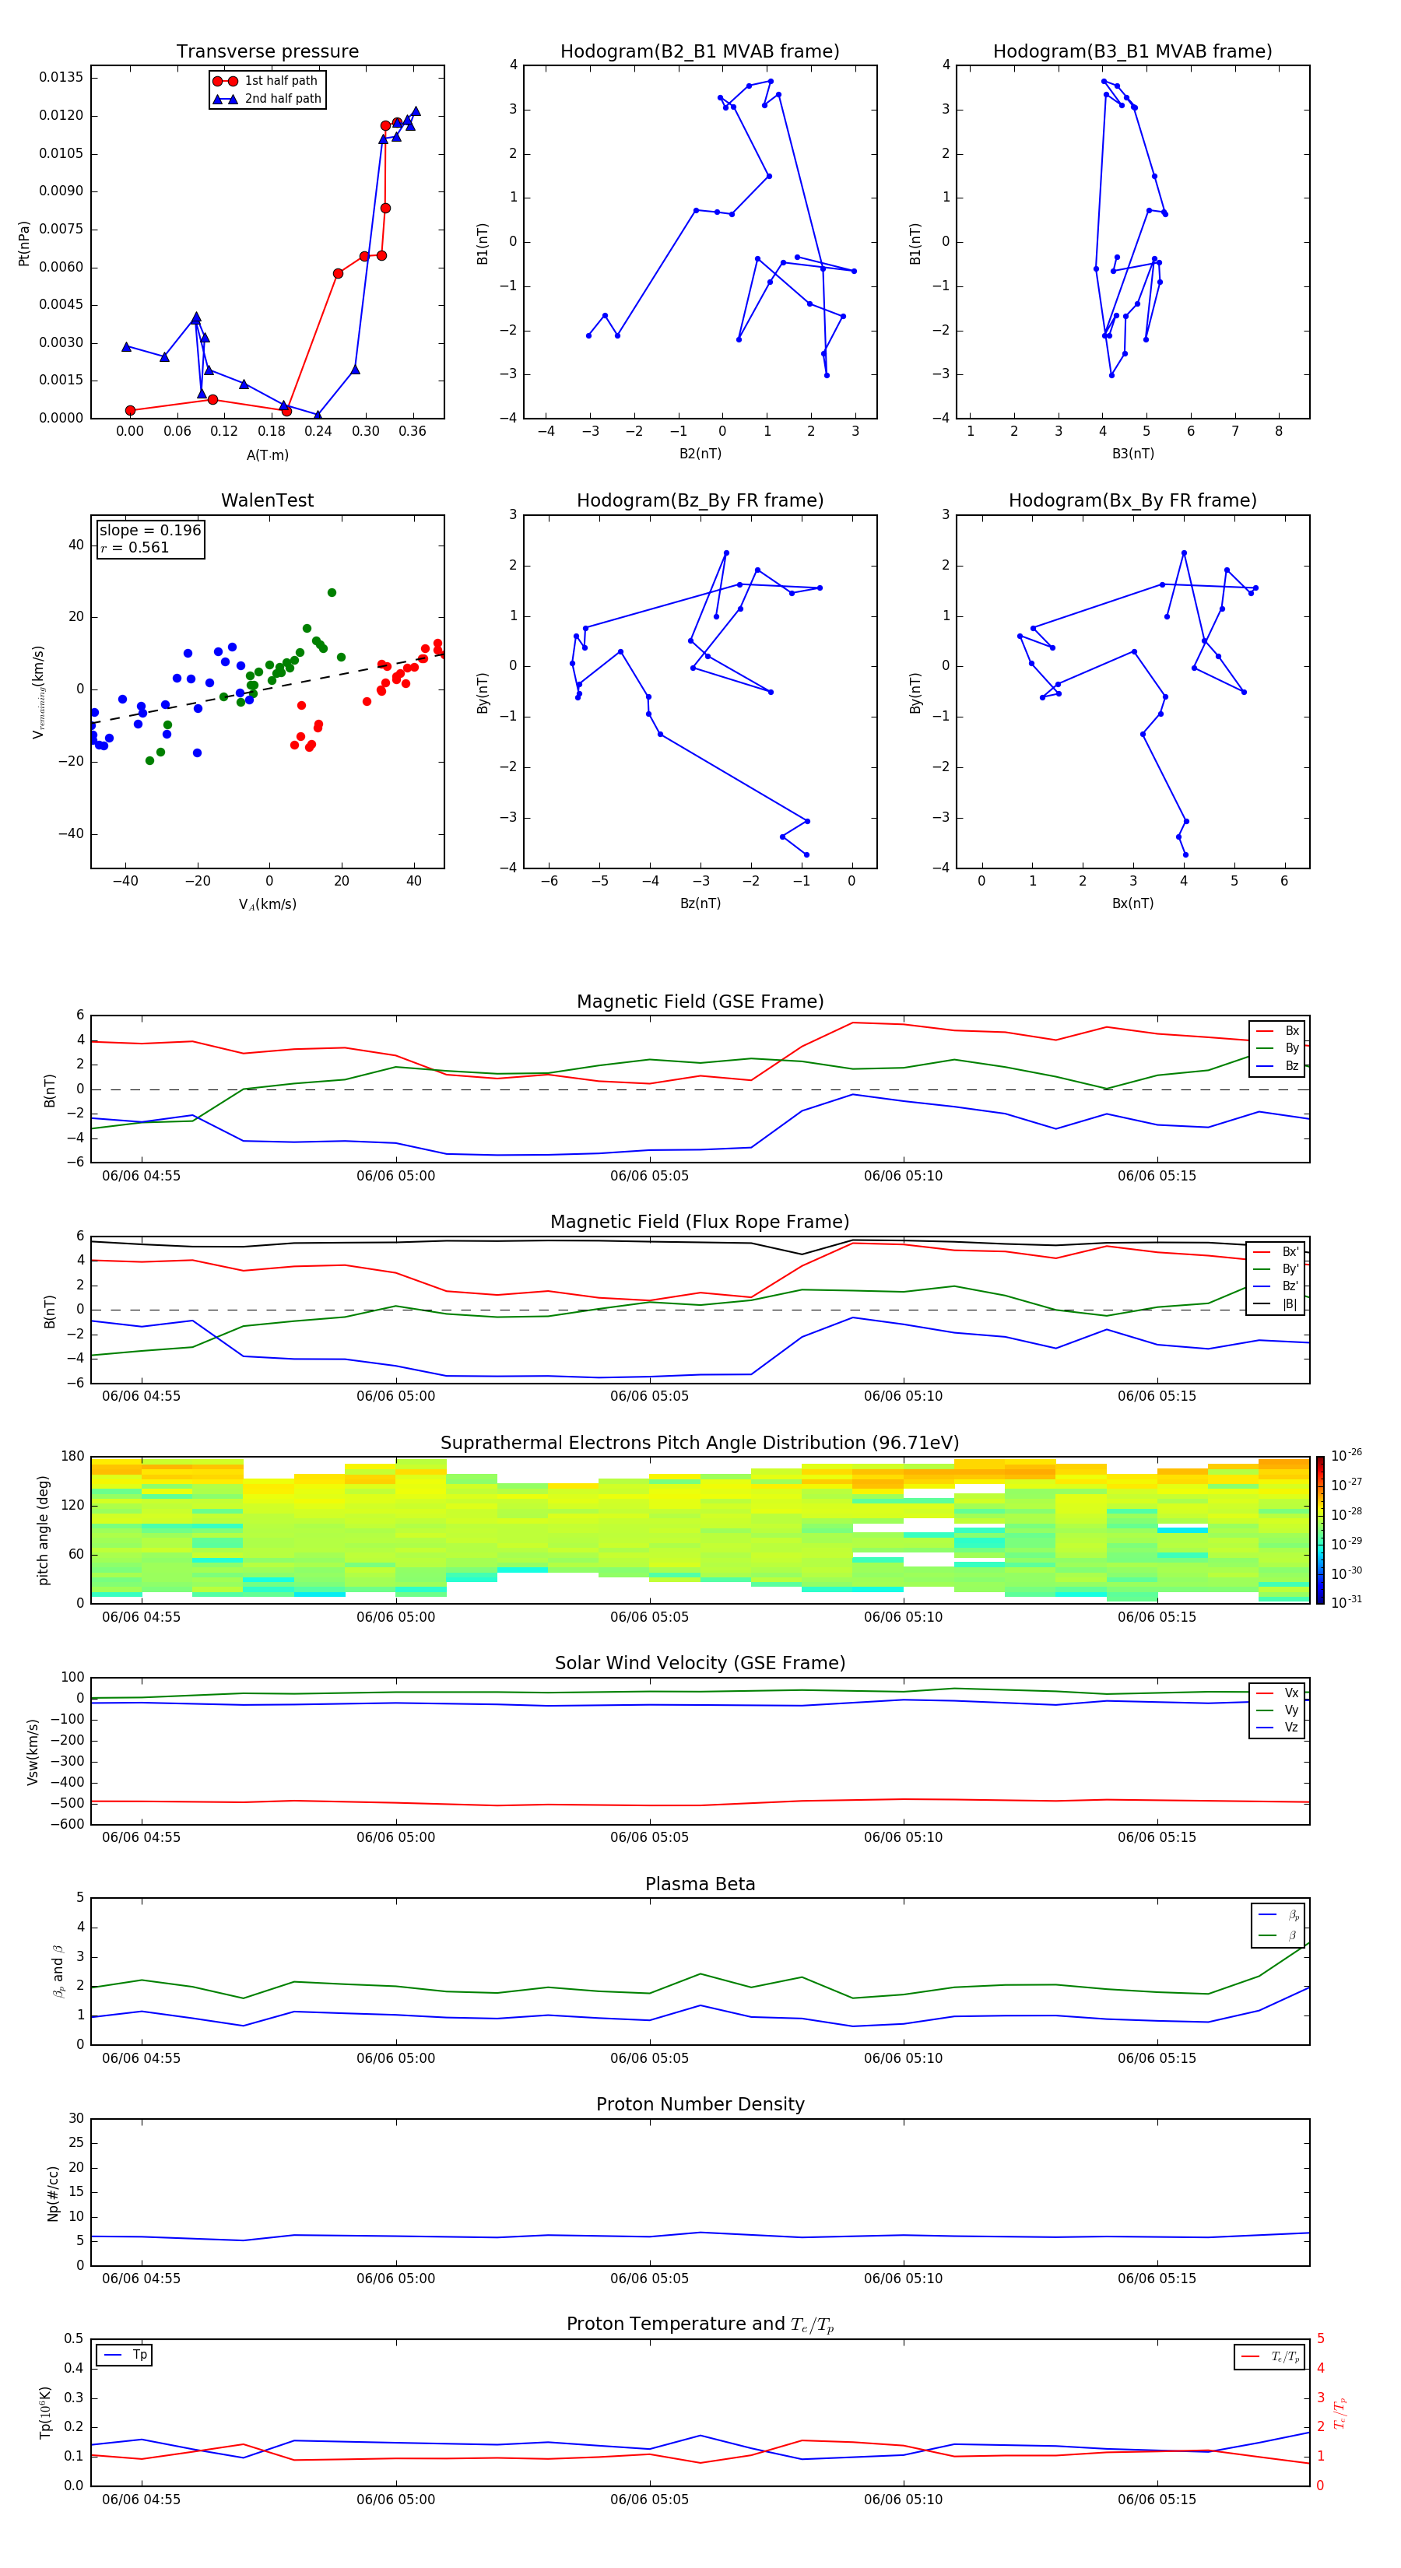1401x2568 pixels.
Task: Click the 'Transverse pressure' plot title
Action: point(267,52)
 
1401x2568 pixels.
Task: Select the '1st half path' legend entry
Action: point(280,81)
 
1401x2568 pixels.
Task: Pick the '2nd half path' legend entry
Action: point(283,99)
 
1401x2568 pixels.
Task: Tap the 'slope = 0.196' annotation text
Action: point(149,531)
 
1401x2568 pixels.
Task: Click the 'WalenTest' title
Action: point(267,500)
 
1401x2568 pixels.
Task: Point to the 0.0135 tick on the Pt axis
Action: point(61,78)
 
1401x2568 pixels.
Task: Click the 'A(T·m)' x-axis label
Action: point(267,455)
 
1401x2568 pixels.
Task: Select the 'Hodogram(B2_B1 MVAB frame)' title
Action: point(699,52)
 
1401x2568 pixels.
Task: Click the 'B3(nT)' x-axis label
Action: point(1132,454)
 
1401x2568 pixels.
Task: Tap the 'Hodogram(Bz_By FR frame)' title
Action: point(699,500)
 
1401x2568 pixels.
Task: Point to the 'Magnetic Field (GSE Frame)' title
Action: point(699,1002)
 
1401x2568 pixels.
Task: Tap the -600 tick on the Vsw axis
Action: point(67,1824)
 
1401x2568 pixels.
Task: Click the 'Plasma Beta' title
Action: point(699,1884)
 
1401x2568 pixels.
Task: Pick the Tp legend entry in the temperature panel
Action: point(139,2355)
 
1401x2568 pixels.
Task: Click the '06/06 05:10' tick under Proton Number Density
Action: point(902,2278)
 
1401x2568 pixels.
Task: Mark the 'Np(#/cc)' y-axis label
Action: point(53,2193)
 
